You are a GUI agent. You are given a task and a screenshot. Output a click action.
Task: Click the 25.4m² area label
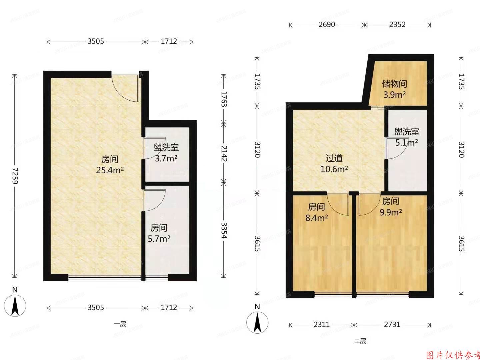(x=110, y=170)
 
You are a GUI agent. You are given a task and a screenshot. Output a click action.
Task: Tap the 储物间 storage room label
(x=394, y=84)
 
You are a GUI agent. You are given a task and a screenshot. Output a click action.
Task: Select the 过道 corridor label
(x=334, y=158)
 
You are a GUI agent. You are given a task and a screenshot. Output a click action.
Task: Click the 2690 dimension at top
(x=326, y=25)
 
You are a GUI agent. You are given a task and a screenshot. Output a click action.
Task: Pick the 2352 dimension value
(x=397, y=25)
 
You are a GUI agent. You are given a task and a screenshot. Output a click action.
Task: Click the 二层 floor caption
(x=360, y=341)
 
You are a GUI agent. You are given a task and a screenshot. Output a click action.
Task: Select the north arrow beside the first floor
(x=15, y=303)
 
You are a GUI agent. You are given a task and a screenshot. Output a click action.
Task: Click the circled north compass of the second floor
(x=257, y=322)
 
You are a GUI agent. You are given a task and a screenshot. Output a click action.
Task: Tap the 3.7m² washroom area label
(x=166, y=158)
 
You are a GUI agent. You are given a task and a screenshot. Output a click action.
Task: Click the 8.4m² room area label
(x=316, y=218)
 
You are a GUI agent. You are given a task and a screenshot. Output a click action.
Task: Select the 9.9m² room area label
(x=390, y=212)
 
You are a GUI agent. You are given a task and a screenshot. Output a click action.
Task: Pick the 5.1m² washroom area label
(x=407, y=143)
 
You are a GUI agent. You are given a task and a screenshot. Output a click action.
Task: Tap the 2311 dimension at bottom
(x=321, y=324)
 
